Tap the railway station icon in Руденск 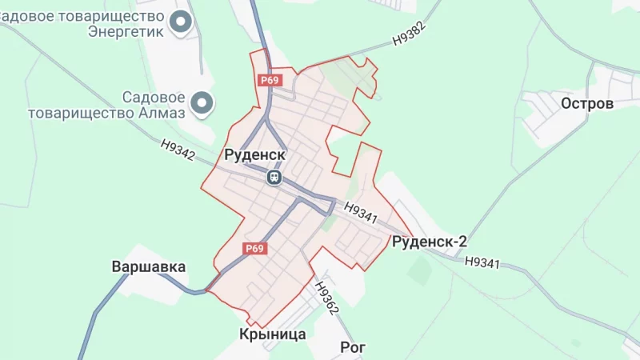tap(274, 177)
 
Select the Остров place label tap(587, 104)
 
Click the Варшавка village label tap(149, 266)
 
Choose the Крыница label tap(273, 334)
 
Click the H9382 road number tap(409, 33)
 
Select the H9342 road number tap(178, 150)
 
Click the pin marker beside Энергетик tap(183, 23)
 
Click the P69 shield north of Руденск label tap(269, 80)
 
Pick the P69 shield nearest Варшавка tap(254, 249)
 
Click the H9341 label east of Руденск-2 tap(482, 262)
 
